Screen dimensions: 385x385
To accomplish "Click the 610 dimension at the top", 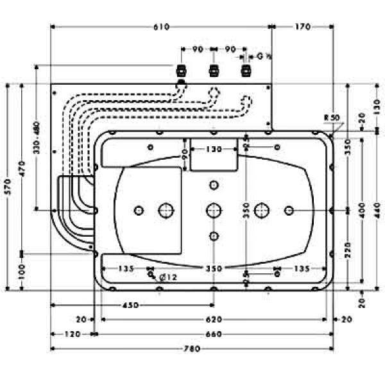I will point(161,27).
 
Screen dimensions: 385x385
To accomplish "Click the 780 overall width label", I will point(192,349).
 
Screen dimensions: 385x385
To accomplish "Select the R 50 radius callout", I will point(332,117).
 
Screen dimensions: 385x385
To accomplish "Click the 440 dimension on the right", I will point(377,209).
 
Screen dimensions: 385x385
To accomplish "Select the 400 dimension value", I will point(363,209).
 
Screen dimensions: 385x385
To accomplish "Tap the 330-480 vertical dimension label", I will point(37,137).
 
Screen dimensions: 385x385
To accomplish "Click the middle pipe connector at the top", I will point(213,70).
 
